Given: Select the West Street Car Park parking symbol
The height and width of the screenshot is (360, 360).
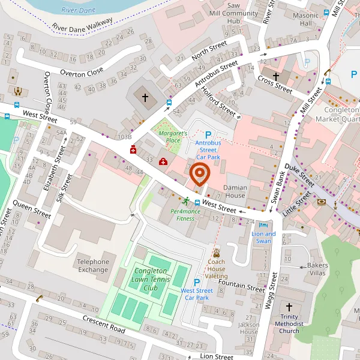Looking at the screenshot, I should tap(196, 283).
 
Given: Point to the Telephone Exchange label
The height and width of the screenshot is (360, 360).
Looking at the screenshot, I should tap(93, 265).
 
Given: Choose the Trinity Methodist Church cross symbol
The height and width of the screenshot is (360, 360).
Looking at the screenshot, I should tap(289, 305).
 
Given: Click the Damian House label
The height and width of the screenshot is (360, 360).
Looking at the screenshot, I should tap(235, 192).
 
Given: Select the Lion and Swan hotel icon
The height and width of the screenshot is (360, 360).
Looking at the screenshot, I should tap(262, 224).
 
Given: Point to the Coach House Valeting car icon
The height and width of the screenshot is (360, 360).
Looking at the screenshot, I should tap(216, 253).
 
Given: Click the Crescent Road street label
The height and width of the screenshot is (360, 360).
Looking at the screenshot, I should tap(104, 325).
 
